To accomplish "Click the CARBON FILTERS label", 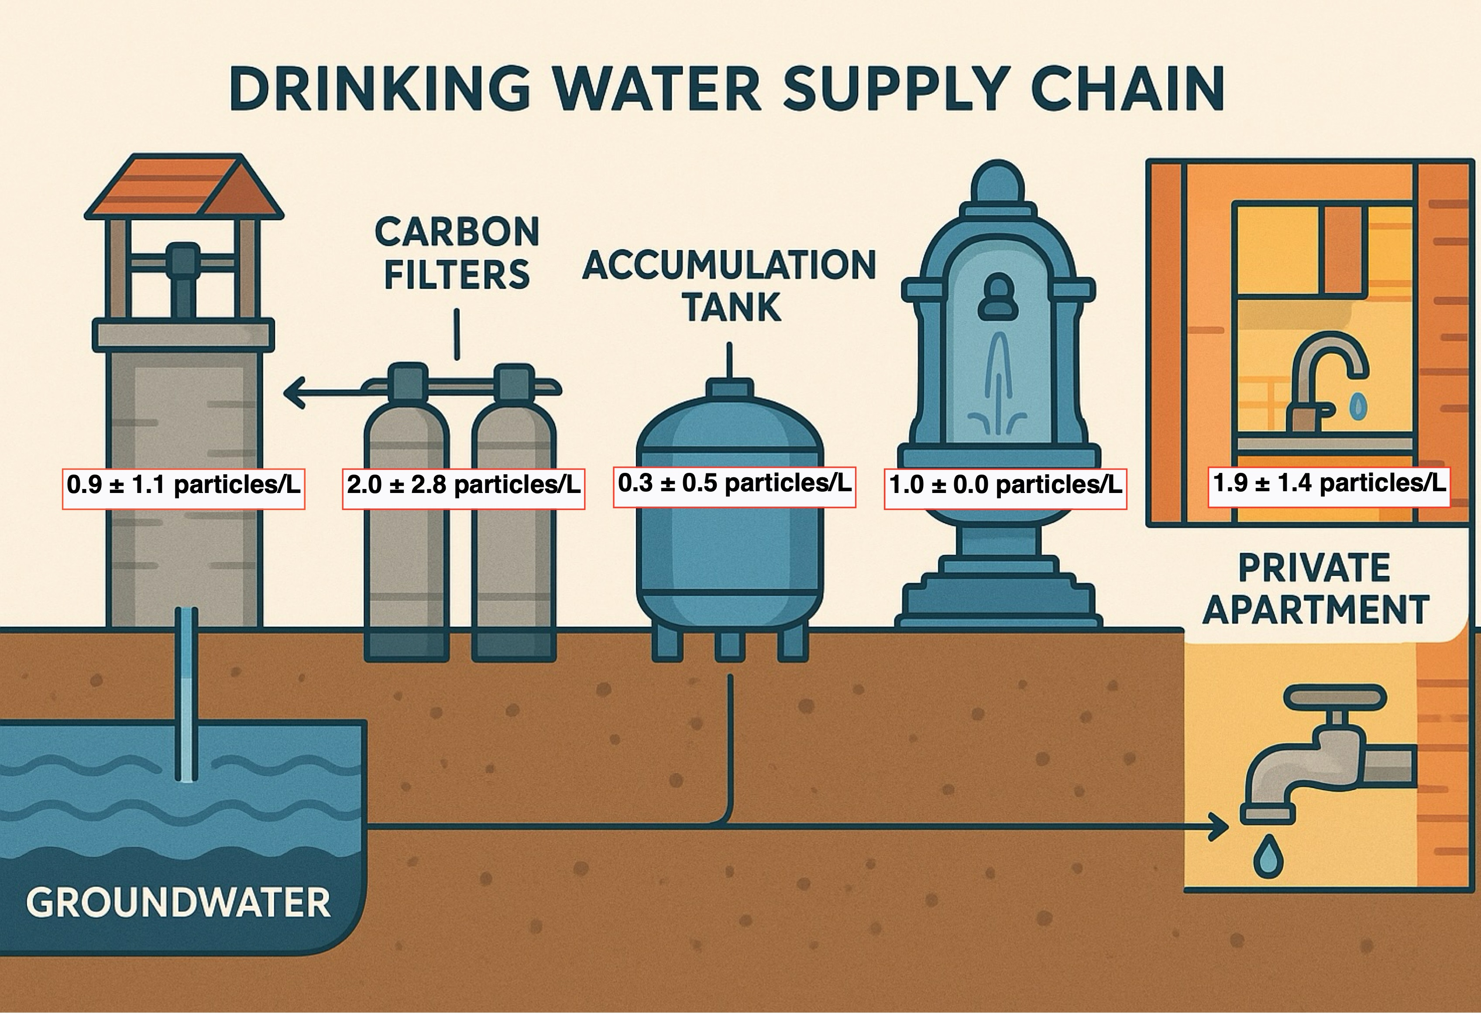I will (457, 253).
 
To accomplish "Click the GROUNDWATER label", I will (179, 903).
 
